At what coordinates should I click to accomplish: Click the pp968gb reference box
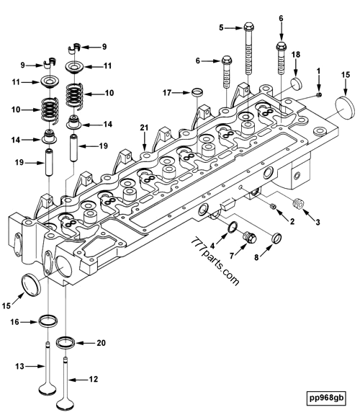(x=326, y=398)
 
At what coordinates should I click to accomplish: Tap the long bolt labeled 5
(x=248, y=48)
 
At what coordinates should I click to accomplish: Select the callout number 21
(x=144, y=128)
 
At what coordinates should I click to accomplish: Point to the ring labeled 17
(x=197, y=92)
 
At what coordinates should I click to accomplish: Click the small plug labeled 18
(x=296, y=83)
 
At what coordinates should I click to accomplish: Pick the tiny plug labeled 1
(x=318, y=94)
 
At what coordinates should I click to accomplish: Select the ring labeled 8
(x=276, y=238)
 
